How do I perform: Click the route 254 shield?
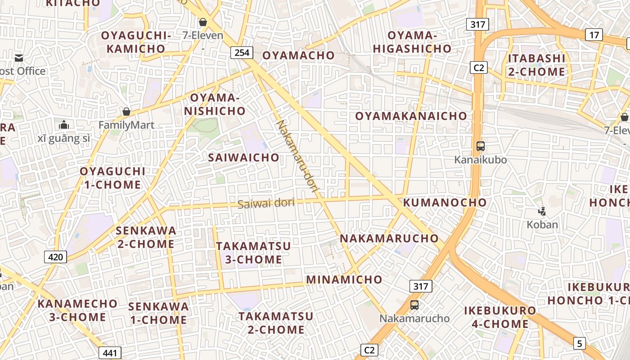pos(242,53)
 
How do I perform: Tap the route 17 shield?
pos(594,35)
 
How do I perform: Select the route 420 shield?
pos(55,257)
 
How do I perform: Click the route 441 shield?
pos(110,353)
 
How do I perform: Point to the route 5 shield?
pos(580,343)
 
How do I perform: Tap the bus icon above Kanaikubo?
pos(481,146)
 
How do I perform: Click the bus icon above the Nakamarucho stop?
pos(414,305)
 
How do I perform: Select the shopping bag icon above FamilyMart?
pos(126,112)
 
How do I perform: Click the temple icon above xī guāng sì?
pos(64,125)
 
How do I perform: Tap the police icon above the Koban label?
pos(542,211)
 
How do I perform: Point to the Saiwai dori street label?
pos(266,203)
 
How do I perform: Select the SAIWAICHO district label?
pos(243,157)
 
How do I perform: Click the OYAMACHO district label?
pos(298,55)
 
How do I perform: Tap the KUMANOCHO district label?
pos(445,202)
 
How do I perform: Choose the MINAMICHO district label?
pos(344,279)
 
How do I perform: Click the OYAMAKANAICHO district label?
pos(411,116)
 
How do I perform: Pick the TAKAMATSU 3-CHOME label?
pos(253,253)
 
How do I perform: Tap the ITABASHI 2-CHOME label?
pos(536,65)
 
